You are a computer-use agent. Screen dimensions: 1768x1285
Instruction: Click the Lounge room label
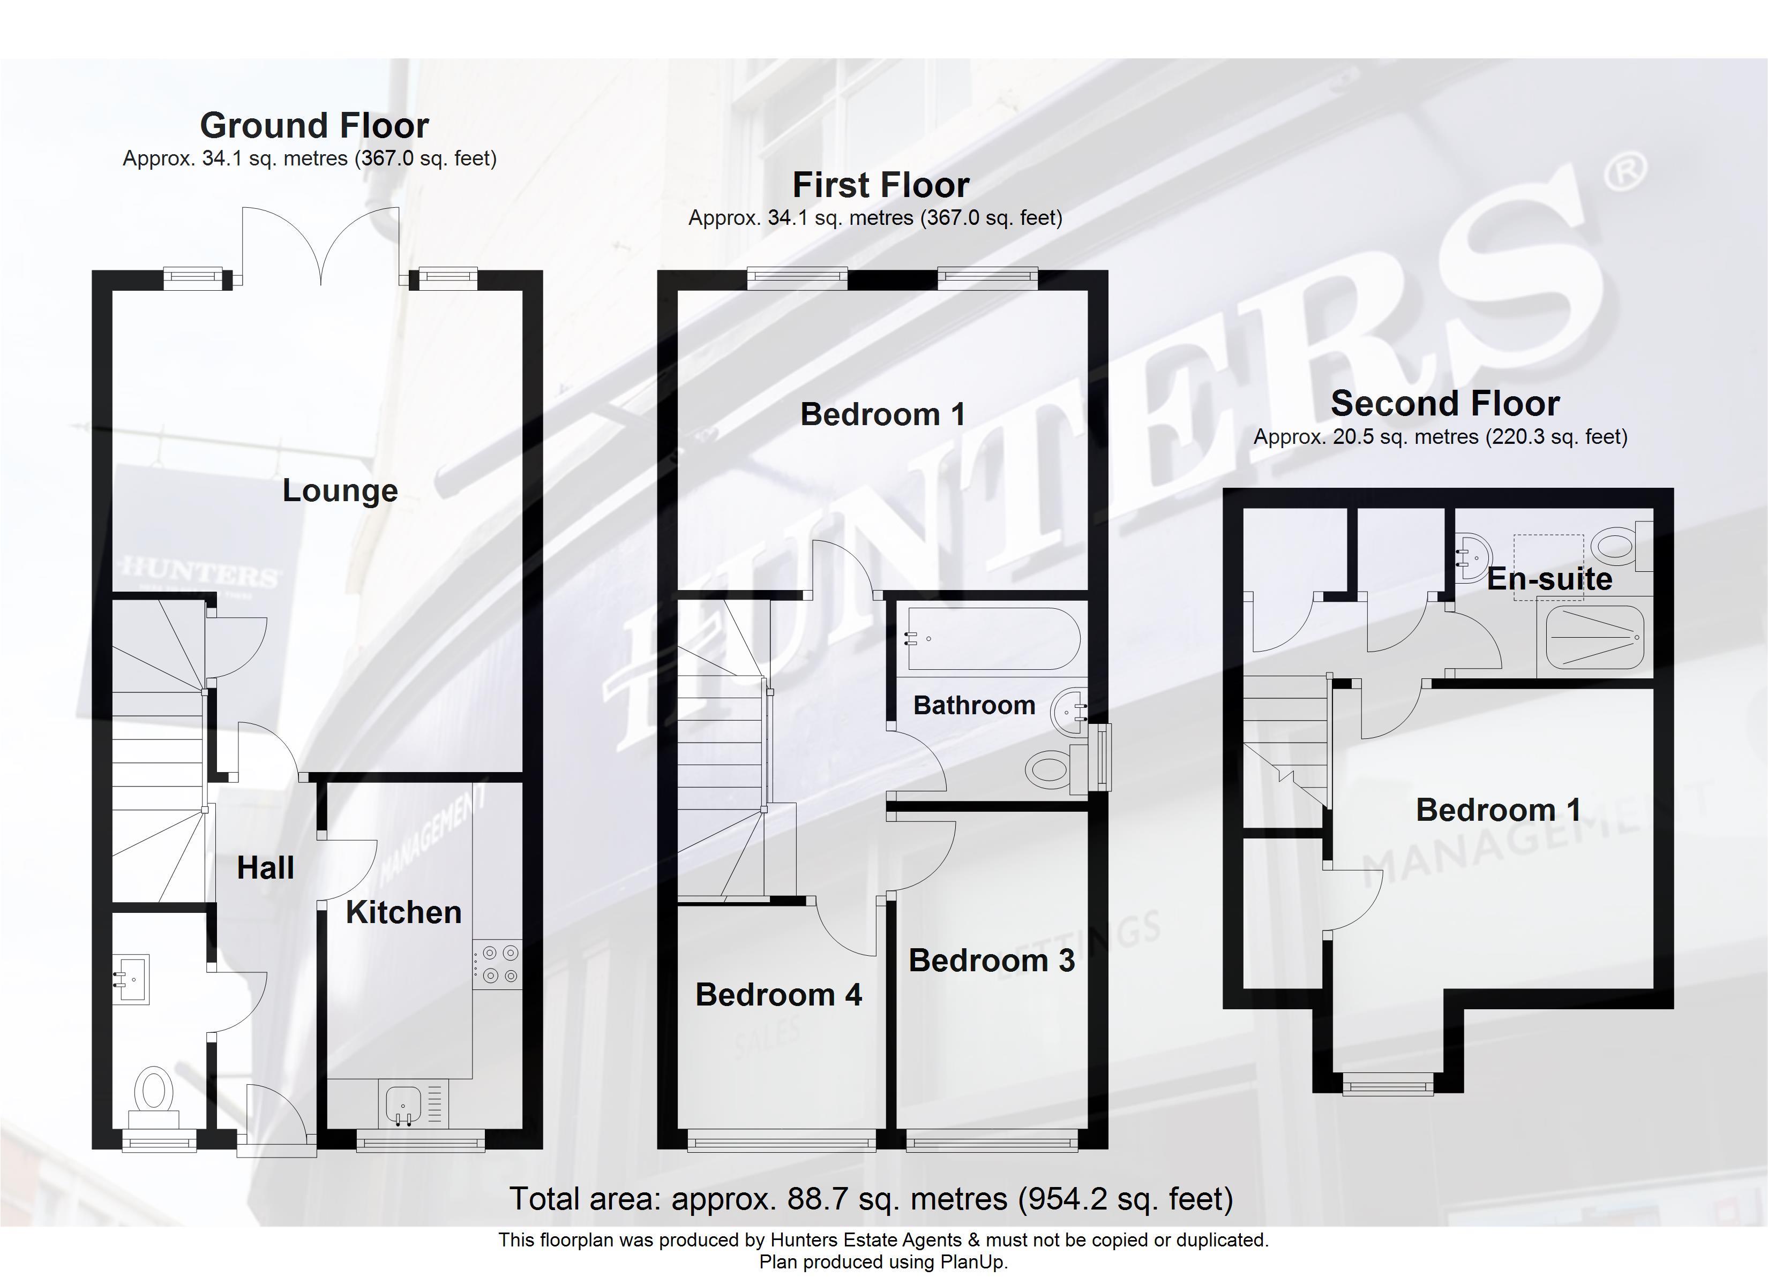click(x=340, y=490)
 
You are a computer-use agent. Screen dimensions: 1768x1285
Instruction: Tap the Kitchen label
click(x=403, y=912)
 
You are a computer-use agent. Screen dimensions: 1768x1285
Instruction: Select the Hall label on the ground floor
click(x=265, y=868)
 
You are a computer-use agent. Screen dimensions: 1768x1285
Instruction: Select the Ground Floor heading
click(x=314, y=125)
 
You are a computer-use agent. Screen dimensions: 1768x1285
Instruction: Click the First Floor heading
click(x=881, y=185)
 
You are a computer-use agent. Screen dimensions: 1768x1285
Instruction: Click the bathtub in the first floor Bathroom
click(x=992, y=639)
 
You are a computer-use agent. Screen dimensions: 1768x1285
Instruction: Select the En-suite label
click(x=1549, y=579)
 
